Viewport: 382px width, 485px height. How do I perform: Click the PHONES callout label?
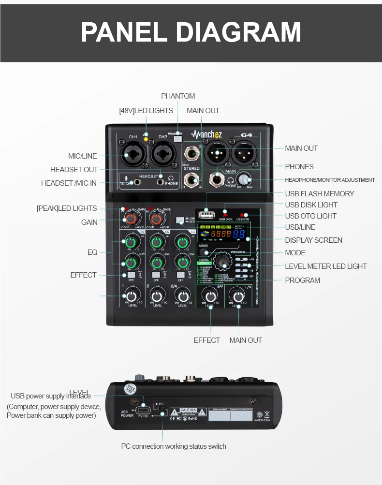[299, 167]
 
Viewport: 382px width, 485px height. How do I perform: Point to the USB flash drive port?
[206, 213]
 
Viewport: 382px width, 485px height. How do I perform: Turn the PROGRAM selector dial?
[222, 261]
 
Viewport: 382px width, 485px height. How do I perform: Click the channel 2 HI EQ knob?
[156, 240]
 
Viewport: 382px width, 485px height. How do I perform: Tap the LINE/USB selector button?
[180, 220]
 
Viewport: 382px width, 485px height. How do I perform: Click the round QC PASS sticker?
[130, 388]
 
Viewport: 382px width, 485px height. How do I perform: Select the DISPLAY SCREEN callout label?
[313, 240]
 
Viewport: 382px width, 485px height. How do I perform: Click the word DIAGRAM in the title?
[238, 32]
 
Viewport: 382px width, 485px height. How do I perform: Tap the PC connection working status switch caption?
[173, 446]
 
